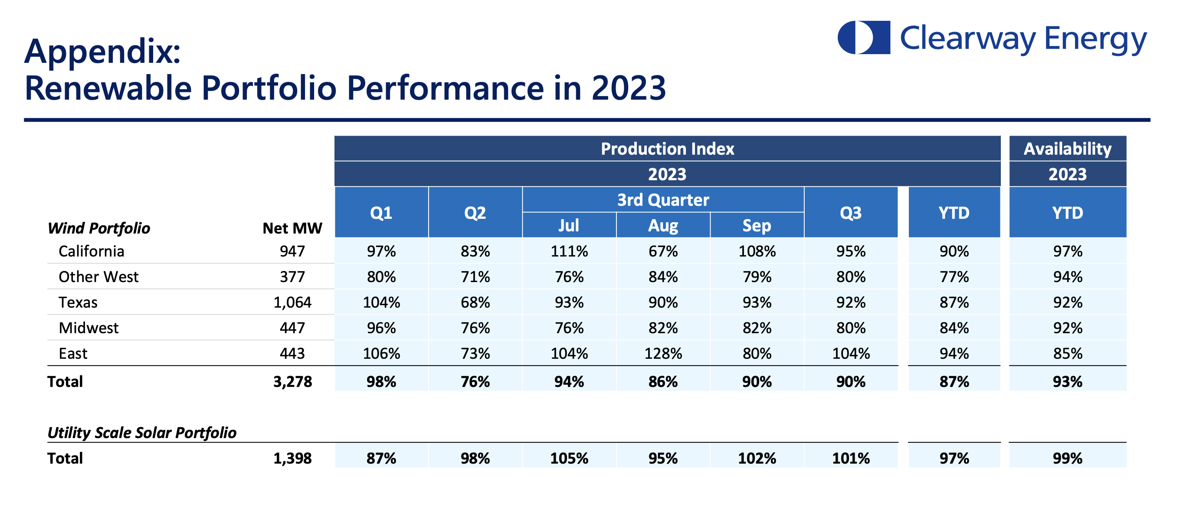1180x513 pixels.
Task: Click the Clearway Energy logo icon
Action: coord(863,38)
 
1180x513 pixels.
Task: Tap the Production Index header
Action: coord(667,149)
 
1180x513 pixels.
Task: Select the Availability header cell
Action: coord(1067,149)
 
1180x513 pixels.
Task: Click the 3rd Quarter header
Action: coord(662,200)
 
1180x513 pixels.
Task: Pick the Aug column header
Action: coord(662,226)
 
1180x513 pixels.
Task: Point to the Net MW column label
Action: coord(292,228)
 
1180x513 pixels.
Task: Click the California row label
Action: coord(91,251)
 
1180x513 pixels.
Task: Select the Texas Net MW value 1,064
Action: coord(292,302)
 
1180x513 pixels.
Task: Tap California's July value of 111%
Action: coord(569,251)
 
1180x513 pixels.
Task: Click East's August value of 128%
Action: coord(662,353)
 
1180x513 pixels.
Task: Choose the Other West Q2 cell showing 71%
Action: coord(475,277)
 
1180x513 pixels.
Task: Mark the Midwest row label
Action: coord(88,328)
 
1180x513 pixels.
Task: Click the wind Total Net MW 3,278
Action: coord(292,382)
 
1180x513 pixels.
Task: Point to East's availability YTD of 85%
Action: coord(1067,353)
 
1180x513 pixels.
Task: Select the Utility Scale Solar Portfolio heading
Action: coord(142,432)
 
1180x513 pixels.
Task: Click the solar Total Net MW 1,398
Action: coord(292,458)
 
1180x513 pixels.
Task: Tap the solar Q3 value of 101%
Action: coord(850,458)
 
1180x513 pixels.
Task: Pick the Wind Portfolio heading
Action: coord(99,228)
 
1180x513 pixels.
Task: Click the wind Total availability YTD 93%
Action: coord(1067,382)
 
